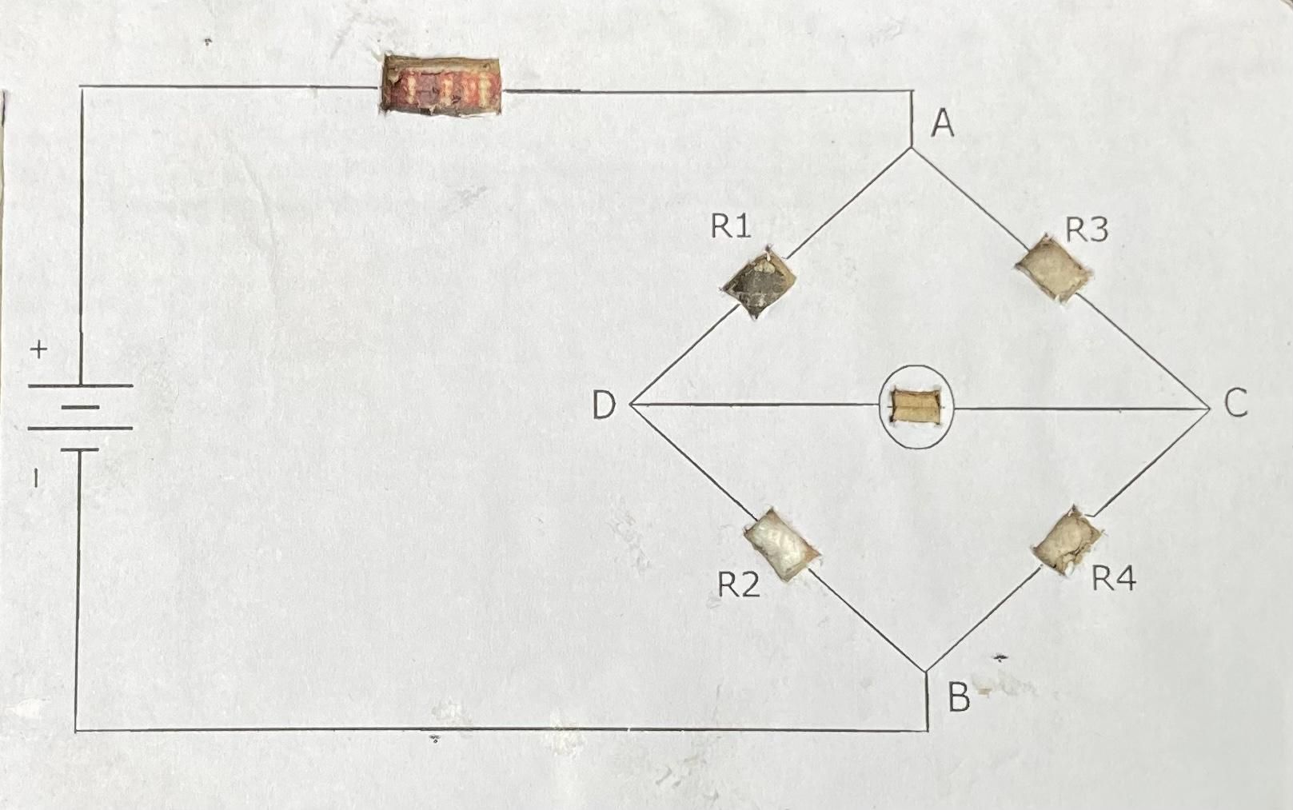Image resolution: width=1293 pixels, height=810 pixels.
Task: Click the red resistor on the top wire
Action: point(441,86)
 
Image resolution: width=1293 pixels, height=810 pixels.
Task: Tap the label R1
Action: point(731,227)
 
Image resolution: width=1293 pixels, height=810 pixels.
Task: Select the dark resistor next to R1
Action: point(759,282)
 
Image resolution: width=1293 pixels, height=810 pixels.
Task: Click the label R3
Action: point(1087,230)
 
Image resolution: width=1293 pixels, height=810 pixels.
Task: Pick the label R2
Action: point(737,585)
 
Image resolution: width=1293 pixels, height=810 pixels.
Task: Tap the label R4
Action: point(1114,577)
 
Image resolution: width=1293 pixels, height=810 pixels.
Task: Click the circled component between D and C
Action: point(916,406)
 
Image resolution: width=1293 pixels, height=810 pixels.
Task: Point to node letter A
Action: point(944,124)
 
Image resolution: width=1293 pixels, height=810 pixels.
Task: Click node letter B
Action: point(959,697)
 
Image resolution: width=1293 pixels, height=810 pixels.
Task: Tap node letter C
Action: point(1235,403)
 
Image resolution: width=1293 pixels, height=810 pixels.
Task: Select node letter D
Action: point(604,405)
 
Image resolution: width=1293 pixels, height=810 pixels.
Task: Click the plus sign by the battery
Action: point(38,349)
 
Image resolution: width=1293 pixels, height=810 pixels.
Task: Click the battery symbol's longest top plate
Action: point(80,386)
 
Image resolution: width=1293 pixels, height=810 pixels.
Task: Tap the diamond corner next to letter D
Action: point(632,405)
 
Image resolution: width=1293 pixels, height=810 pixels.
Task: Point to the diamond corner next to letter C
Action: point(1209,408)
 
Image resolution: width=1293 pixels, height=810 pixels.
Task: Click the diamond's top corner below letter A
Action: point(912,148)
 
